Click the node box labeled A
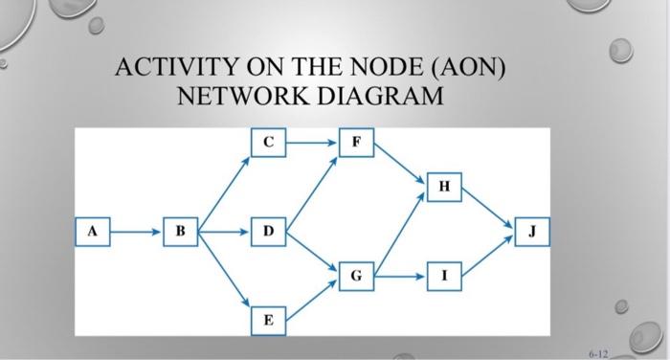92,231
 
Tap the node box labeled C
269,143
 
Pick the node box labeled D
269,231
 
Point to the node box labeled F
356,143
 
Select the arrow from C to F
312,143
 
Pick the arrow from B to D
226,231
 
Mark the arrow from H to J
488,209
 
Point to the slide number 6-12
597,352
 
